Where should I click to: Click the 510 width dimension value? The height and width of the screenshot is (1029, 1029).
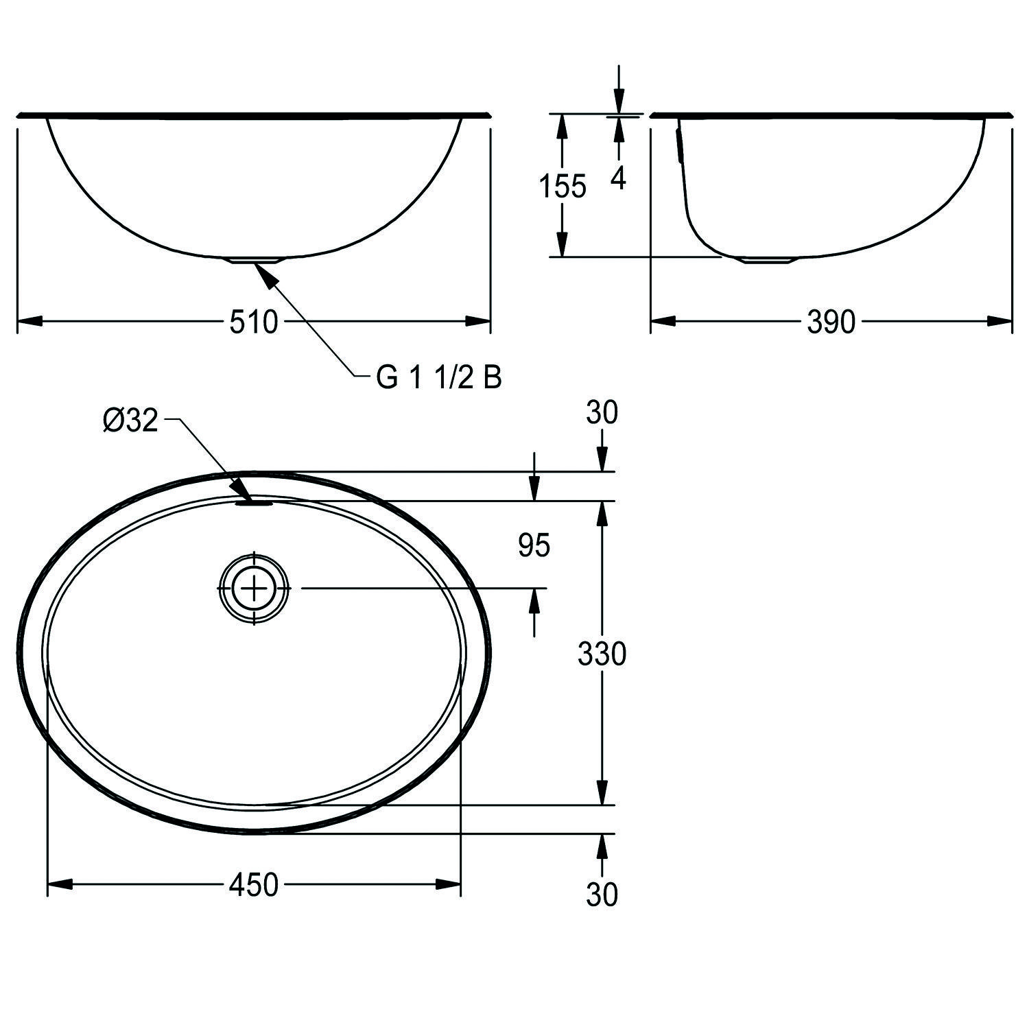[253, 322]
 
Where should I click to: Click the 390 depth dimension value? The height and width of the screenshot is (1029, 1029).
[831, 322]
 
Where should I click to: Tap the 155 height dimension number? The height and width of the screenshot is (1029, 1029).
[563, 186]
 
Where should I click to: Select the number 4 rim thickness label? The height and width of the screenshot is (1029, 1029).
[618, 178]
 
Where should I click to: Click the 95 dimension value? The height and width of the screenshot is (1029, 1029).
[534, 546]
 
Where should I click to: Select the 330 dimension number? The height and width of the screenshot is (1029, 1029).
[602, 654]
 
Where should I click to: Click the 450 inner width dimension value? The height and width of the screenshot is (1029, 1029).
[253, 885]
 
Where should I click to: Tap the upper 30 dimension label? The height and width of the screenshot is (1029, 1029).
[602, 412]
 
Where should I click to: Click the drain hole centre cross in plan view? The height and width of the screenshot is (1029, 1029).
[255, 589]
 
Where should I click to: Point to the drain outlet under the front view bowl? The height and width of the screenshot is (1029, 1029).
[255, 261]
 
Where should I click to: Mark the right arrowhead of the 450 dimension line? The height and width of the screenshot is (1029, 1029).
[449, 885]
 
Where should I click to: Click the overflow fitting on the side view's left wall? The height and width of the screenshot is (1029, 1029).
[680, 144]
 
